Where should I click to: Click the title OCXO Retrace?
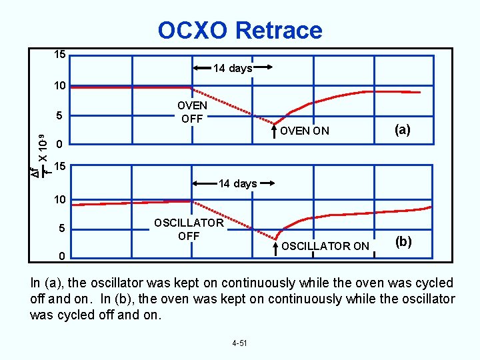[240, 30]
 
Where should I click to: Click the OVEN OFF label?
[192, 112]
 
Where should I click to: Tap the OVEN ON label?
[305, 131]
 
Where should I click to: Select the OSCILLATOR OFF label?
[189, 229]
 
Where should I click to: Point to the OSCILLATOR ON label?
[325, 246]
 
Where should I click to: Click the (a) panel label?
[403, 130]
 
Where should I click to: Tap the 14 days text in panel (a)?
[232, 68]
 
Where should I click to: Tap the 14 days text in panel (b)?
[237, 183]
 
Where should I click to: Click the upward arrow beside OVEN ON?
[275, 129]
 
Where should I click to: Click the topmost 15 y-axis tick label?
[59, 55]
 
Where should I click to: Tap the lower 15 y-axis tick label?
[59, 166]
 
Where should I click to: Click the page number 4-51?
[239, 343]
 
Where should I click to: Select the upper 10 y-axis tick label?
[59, 87]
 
